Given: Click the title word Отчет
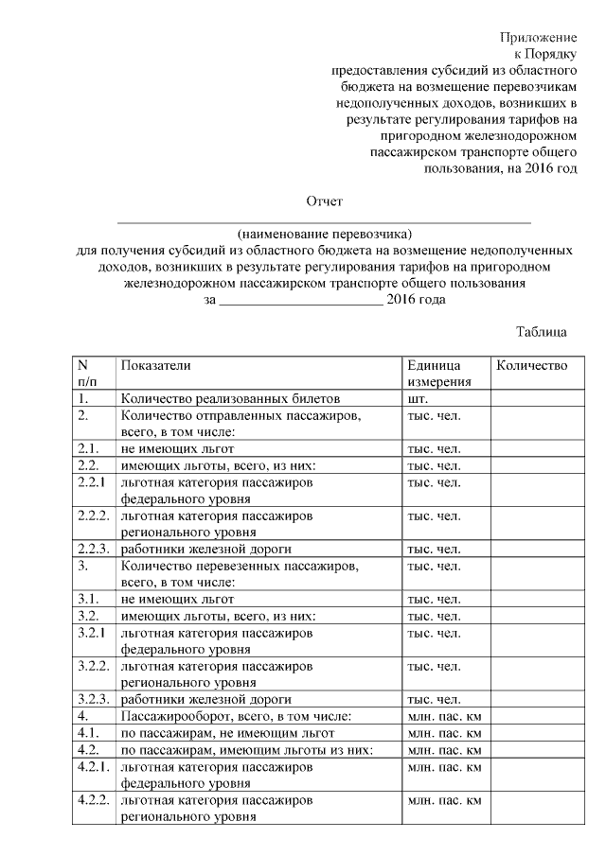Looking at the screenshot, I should (x=324, y=201).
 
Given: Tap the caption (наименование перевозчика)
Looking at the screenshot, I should (x=326, y=233).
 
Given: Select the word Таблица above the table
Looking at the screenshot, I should (x=542, y=332).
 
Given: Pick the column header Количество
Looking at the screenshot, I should (x=531, y=365).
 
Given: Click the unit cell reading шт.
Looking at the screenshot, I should (x=418, y=399).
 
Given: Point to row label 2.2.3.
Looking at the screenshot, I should (x=94, y=549).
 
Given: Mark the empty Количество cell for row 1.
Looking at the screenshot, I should (x=531, y=399).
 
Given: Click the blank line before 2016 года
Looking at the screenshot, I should (x=300, y=301).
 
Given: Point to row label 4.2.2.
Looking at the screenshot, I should (x=94, y=800).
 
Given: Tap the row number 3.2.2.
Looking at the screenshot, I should (x=94, y=666).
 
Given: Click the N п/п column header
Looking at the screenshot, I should (x=87, y=374).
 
